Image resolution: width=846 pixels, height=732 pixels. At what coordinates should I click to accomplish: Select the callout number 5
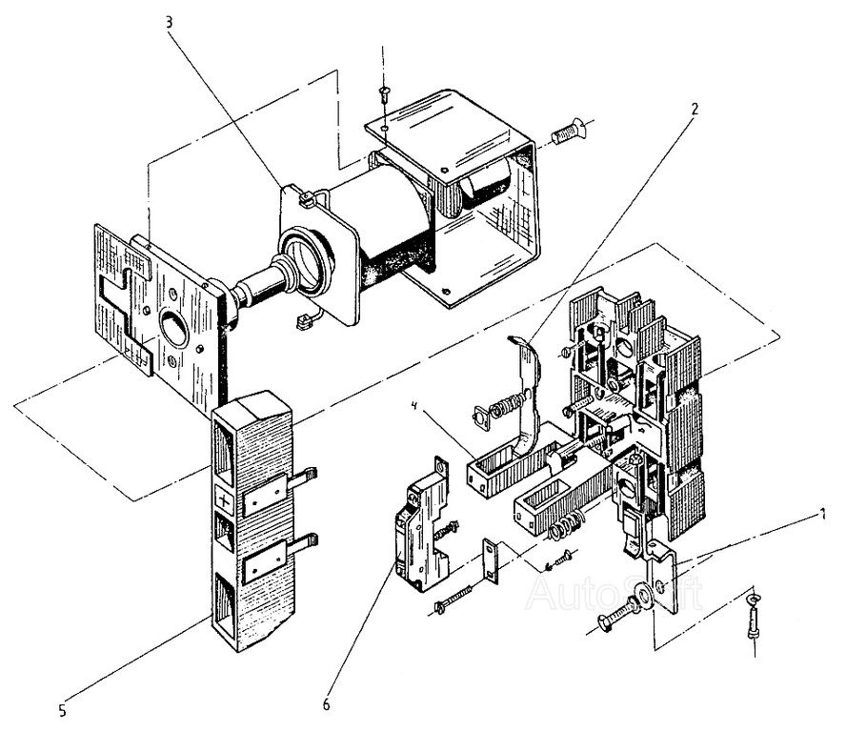coord(62,708)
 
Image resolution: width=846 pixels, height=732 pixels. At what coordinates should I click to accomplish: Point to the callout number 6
coord(326,704)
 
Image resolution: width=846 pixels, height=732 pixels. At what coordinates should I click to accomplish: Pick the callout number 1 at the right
coord(821,516)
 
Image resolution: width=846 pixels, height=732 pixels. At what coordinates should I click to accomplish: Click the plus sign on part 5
coord(224,500)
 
